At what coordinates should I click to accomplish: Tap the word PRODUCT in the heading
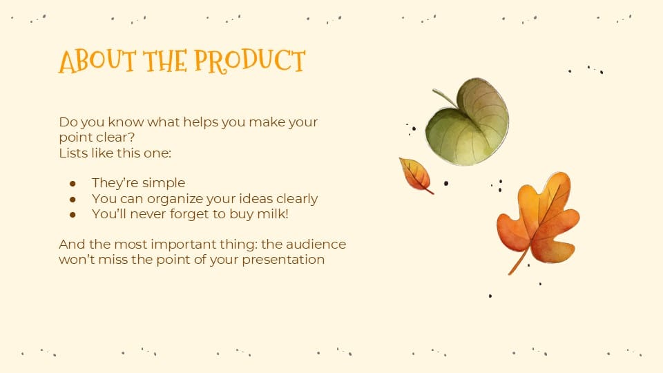click(x=249, y=61)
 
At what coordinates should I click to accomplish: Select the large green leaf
click(x=470, y=124)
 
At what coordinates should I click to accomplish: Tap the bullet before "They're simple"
click(x=73, y=183)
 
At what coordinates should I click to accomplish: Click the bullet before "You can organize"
click(x=73, y=199)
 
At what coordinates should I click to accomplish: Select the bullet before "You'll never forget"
click(x=73, y=215)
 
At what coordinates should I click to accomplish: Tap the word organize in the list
click(x=174, y=199)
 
